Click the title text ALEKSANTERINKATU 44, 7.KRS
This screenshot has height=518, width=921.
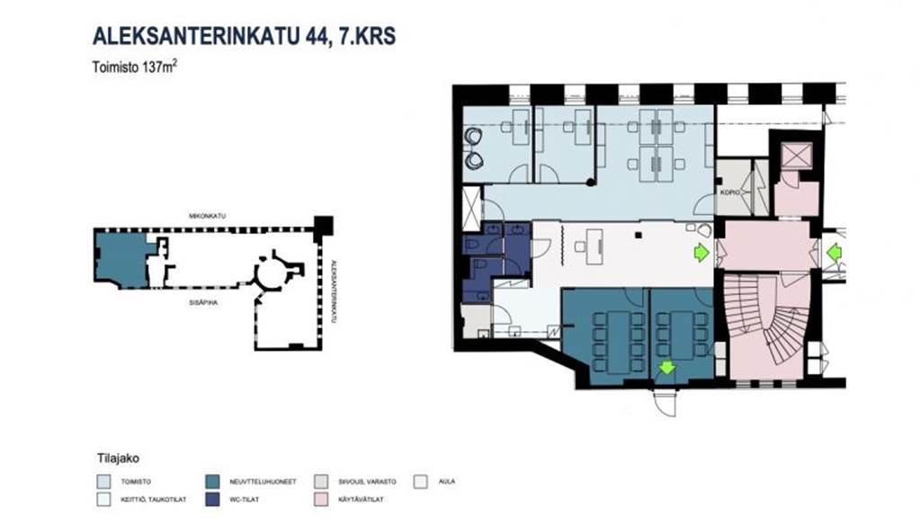[x=244, y=36]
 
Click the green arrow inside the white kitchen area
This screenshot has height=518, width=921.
[x=698, y=255]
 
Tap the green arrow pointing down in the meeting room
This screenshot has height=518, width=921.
[x=666, y=367]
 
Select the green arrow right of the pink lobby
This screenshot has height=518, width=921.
[x=833, y=255]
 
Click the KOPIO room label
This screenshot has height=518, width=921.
[x=729, y=192]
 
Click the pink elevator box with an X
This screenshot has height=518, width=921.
[x=796, y=156]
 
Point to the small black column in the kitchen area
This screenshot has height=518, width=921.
[x=637, y=236]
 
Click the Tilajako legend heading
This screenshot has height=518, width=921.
[x=114, y=457]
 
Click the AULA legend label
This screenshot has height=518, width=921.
[x=447, y=481]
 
